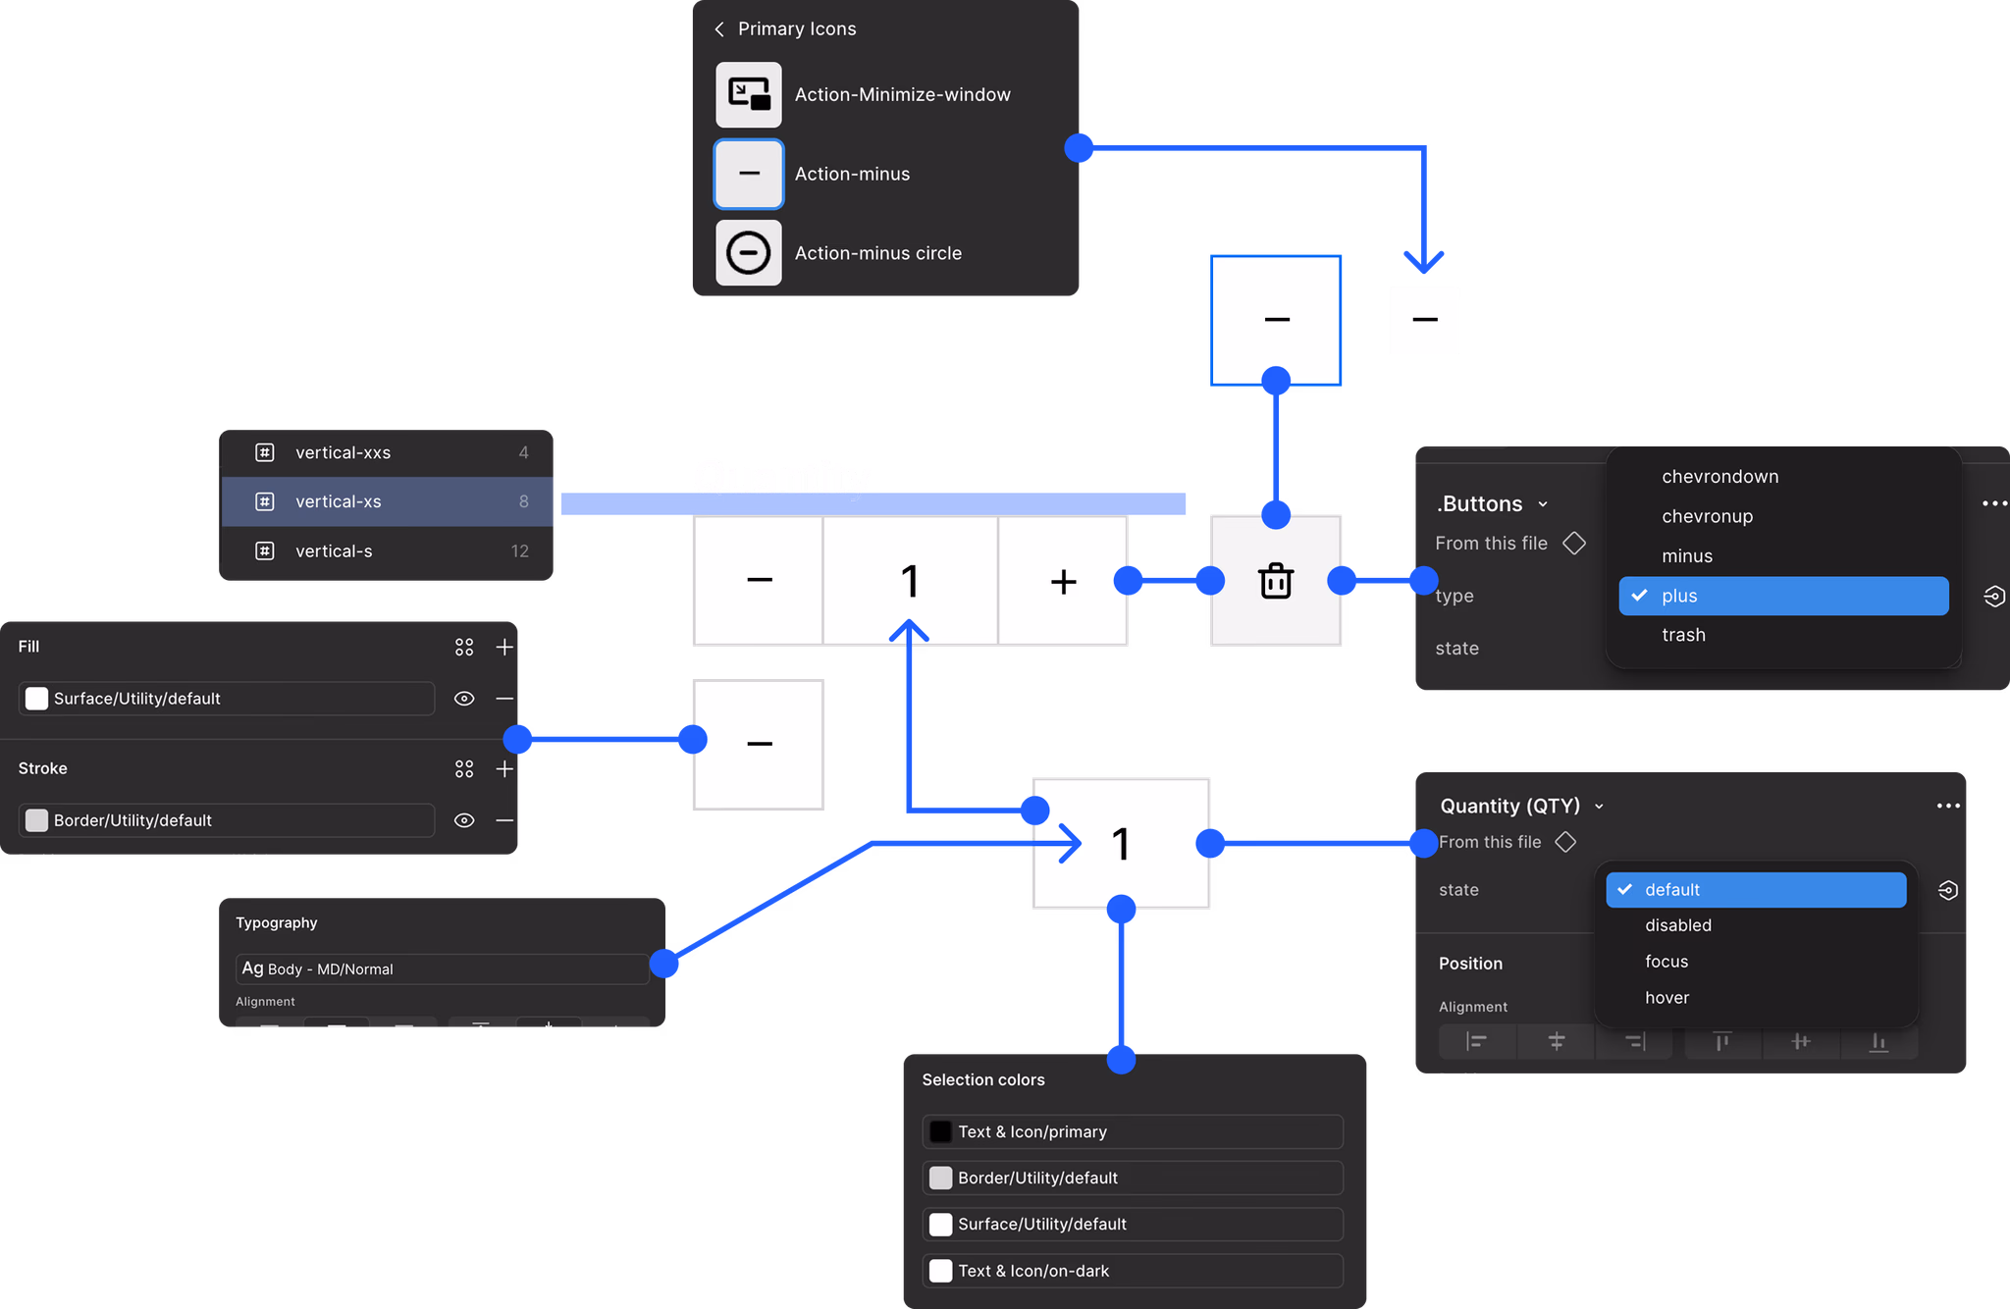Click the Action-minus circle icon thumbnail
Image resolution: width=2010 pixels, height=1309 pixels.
pyautogui.click(x=748, y=253)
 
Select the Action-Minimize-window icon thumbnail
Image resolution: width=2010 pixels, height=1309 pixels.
pyautogui.click(x=748, y=95)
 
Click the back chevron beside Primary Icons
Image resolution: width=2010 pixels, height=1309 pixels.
pyautogui.click(x=719, y=29)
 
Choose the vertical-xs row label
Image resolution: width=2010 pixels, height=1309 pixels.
pyautogui.click(x=339, y=501)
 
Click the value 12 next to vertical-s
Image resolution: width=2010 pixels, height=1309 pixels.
pyautogui.click(x=520, y=551)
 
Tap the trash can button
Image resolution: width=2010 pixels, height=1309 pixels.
pyautogui.click(x=1276, y=581)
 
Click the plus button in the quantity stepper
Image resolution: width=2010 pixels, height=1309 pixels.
pyautogui.click(x=1063, y=581)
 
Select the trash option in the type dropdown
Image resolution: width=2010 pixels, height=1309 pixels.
pyautogui.click(x=1683, y=635)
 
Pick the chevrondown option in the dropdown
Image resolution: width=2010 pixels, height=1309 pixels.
pyautogui.click(x=1719, y=477)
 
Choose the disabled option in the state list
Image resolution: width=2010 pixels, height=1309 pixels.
pyautogui.click(x=1678, y=925)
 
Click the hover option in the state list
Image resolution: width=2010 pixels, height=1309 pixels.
pyautogui.click(x=1666, y=998)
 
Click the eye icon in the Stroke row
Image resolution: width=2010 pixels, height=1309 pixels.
pyautogui.click(x=464, y=820)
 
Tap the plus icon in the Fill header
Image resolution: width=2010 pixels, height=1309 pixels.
pyautogui.click(x=504, y=647)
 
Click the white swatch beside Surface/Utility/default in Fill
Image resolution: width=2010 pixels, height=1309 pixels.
pyautogui.click(x=36, y=699)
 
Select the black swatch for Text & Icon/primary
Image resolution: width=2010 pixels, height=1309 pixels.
pyautogui.click(x=940, y=1131)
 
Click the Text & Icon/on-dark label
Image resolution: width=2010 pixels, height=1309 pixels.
pyautogui.click(x=1033, y=1271)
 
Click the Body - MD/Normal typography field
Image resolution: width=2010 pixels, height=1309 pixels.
pyautogui.click(x=442, y=969)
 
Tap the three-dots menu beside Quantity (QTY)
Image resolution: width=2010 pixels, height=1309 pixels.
pyautogui.click(x=1948, y=806)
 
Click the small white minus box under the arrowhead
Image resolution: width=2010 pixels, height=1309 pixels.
pyautogui.click(x=1424, y=320)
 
